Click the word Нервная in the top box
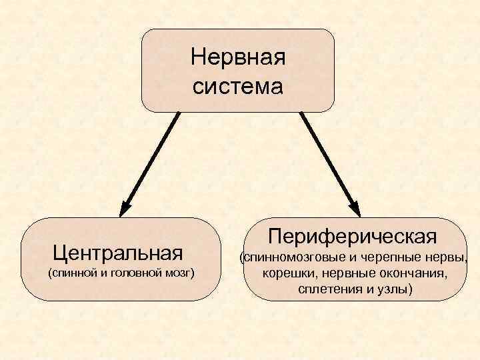pyautogui.click(x=237, y=57)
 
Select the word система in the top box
pyautogui.click(x=237, y=87)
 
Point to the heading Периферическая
pyautogui.click(x=353, y=236)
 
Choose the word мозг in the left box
pyautogui.click(x=176, y=273)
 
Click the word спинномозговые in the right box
pyautogui.click(x=294, y=257)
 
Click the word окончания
pyautogui.click(x=414, y=273)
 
